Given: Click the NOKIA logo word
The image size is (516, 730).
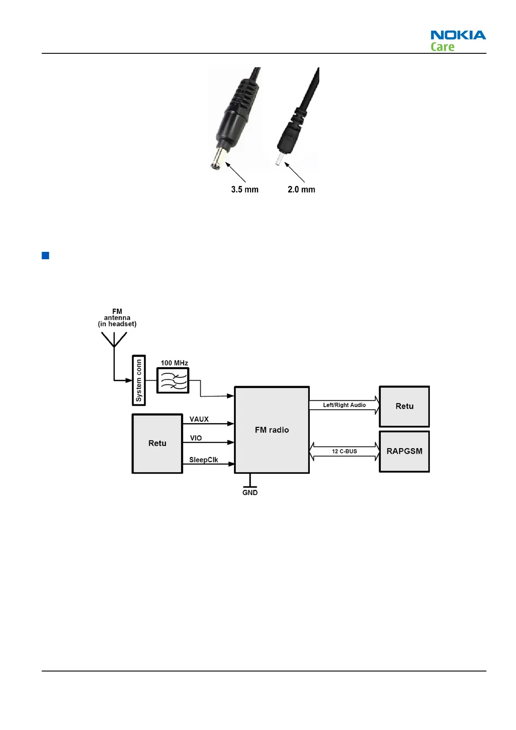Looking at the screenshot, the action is tap(458, 35).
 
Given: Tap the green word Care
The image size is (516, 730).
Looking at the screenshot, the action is tap(442, 47).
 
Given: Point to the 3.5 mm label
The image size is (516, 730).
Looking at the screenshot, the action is tap(245, 189).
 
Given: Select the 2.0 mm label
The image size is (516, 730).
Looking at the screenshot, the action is tap(302, 189).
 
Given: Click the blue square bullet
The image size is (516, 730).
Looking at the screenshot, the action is tap(45, 255).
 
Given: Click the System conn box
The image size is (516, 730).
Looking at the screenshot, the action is tap(139, 380).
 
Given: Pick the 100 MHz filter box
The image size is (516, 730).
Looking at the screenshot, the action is tap(173, 380).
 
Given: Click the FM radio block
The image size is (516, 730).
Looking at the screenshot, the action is tap(272, 430).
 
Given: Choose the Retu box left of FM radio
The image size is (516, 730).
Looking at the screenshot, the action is tap(157, 443).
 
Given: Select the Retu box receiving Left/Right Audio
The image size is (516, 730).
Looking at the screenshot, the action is tap(404, 406).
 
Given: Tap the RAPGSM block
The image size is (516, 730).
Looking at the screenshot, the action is tap(404, 451).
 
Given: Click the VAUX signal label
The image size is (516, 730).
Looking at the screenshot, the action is tap(199, 419).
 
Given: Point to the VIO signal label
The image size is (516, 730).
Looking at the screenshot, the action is tap(196, 438).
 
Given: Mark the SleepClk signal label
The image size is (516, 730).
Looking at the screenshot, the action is tap(204, 460).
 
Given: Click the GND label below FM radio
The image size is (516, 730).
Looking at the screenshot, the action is tap(250, 492).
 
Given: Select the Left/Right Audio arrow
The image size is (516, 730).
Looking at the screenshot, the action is tap(344, 405).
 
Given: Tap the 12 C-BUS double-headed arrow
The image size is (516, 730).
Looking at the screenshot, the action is tap(344, 451).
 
